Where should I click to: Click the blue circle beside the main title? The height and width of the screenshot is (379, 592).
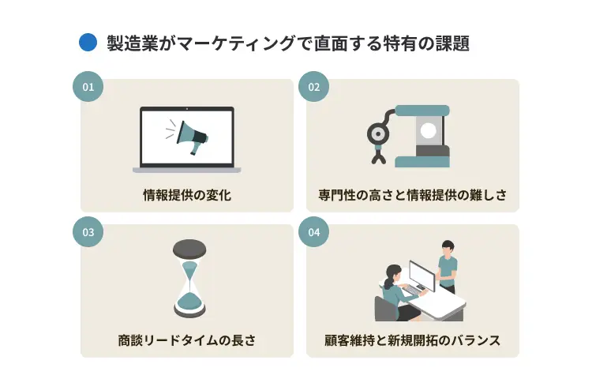click(88, 43)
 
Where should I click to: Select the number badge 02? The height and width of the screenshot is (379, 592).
click(313, 87)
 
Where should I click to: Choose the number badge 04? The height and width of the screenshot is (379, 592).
click(313, 232)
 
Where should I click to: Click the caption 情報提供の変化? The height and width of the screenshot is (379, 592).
click(187, 195)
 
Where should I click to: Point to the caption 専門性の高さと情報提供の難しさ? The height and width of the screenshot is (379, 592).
click(413, 195)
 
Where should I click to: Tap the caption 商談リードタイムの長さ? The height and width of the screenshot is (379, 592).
click(187, 340)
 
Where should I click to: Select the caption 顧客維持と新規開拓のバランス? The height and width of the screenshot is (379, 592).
click(413, 340)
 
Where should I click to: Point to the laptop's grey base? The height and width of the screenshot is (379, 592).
click(187, 169)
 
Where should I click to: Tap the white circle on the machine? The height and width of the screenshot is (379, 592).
click(429, 130)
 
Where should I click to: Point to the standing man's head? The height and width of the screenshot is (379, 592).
click(448, 247)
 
